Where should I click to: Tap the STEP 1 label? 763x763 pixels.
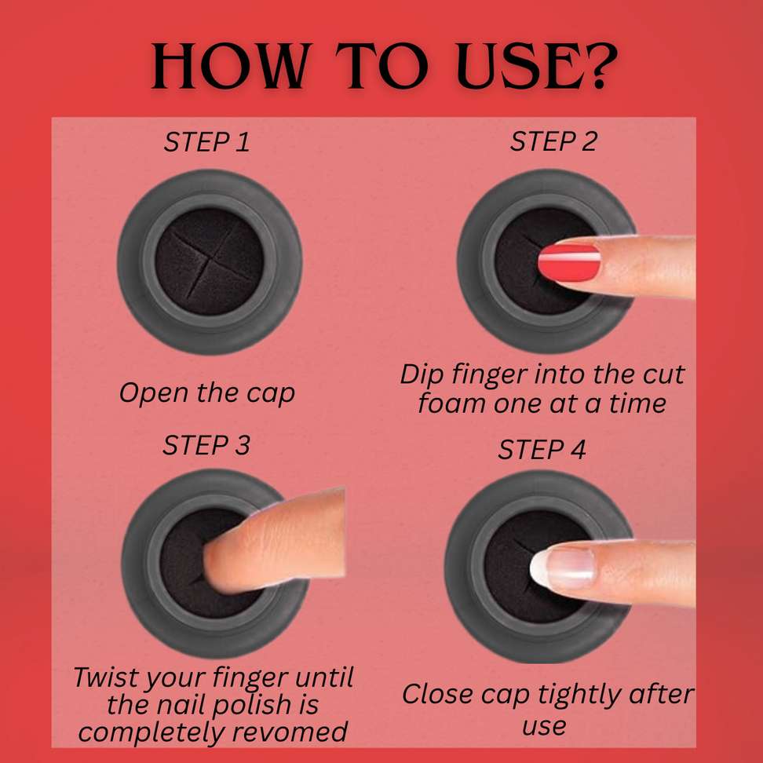pos(206,142)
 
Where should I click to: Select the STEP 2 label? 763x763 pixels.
pos(553,141)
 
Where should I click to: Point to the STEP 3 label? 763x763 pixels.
pos(206,445)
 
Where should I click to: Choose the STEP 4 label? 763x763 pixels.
pos(542,450)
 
